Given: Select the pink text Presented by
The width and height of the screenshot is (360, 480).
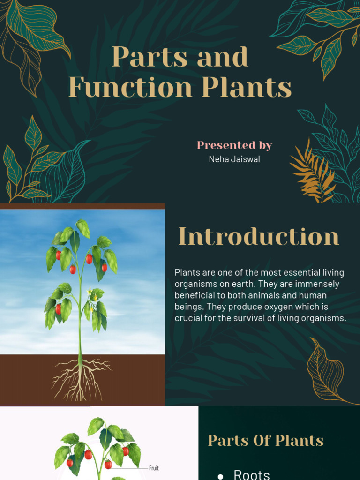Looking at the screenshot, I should [x=234, y=145].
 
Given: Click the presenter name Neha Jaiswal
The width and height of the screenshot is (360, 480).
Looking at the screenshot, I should [x=234, y=159].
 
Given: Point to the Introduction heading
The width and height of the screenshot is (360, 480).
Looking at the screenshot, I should [x=259, y=236].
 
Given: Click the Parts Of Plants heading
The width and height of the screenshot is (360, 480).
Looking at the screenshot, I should [x=266, y=441].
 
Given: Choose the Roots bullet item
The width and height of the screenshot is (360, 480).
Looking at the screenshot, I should [x=252, y=474].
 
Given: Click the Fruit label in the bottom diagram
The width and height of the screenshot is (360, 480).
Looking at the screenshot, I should [x=154, y=468].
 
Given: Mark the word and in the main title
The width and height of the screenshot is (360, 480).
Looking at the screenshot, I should [x=222, y=57].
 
